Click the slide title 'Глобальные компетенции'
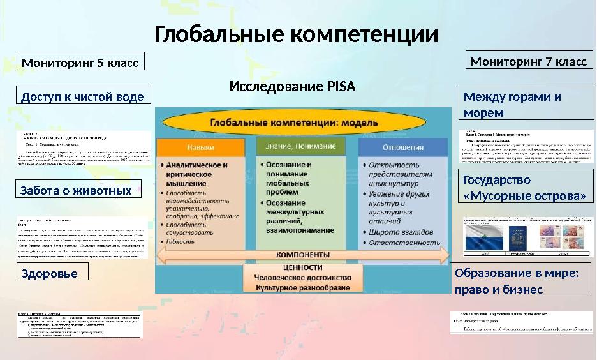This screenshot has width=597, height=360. click(x=297, y=34)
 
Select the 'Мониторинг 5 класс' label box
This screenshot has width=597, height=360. click(x=80, y=63)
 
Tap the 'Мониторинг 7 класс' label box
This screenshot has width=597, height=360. click(x=529, y=61)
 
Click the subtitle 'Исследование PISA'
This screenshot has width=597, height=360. click(x=292, y=86)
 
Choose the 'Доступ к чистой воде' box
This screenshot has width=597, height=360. click(x=83, y=96)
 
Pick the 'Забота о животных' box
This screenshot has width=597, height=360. click(x=77, y=190)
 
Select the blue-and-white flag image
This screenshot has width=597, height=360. click(x=485, y=241)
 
